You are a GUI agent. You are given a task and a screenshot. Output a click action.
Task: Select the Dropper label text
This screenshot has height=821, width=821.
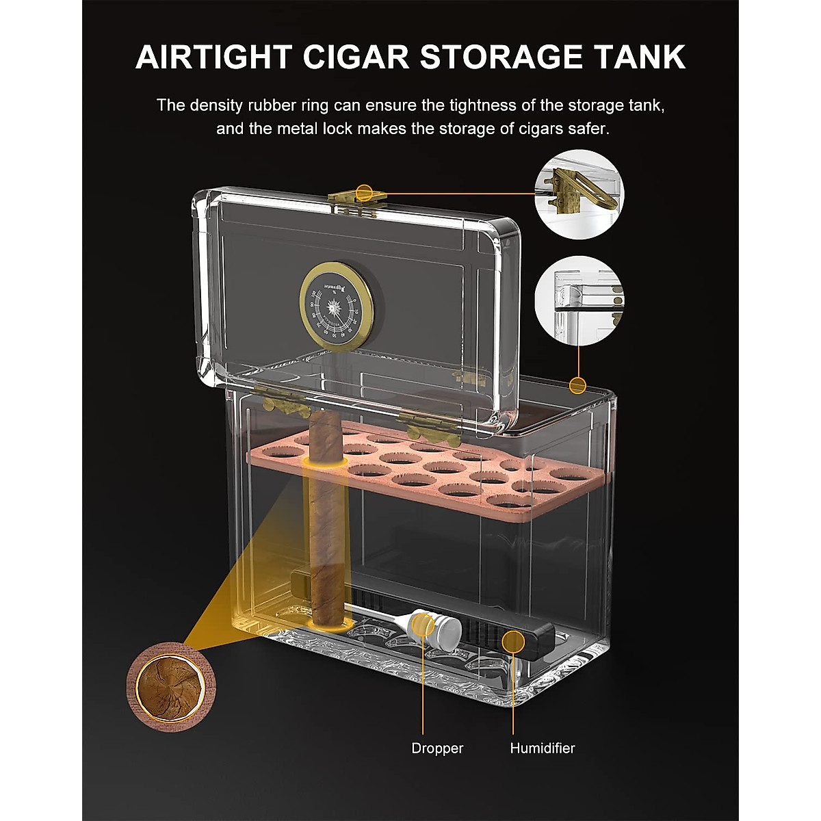point(437,748)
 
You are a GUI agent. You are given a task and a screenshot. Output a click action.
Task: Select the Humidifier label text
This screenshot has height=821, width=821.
point(543,748)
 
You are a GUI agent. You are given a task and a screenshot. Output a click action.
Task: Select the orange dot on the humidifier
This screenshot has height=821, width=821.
point(511,641)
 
